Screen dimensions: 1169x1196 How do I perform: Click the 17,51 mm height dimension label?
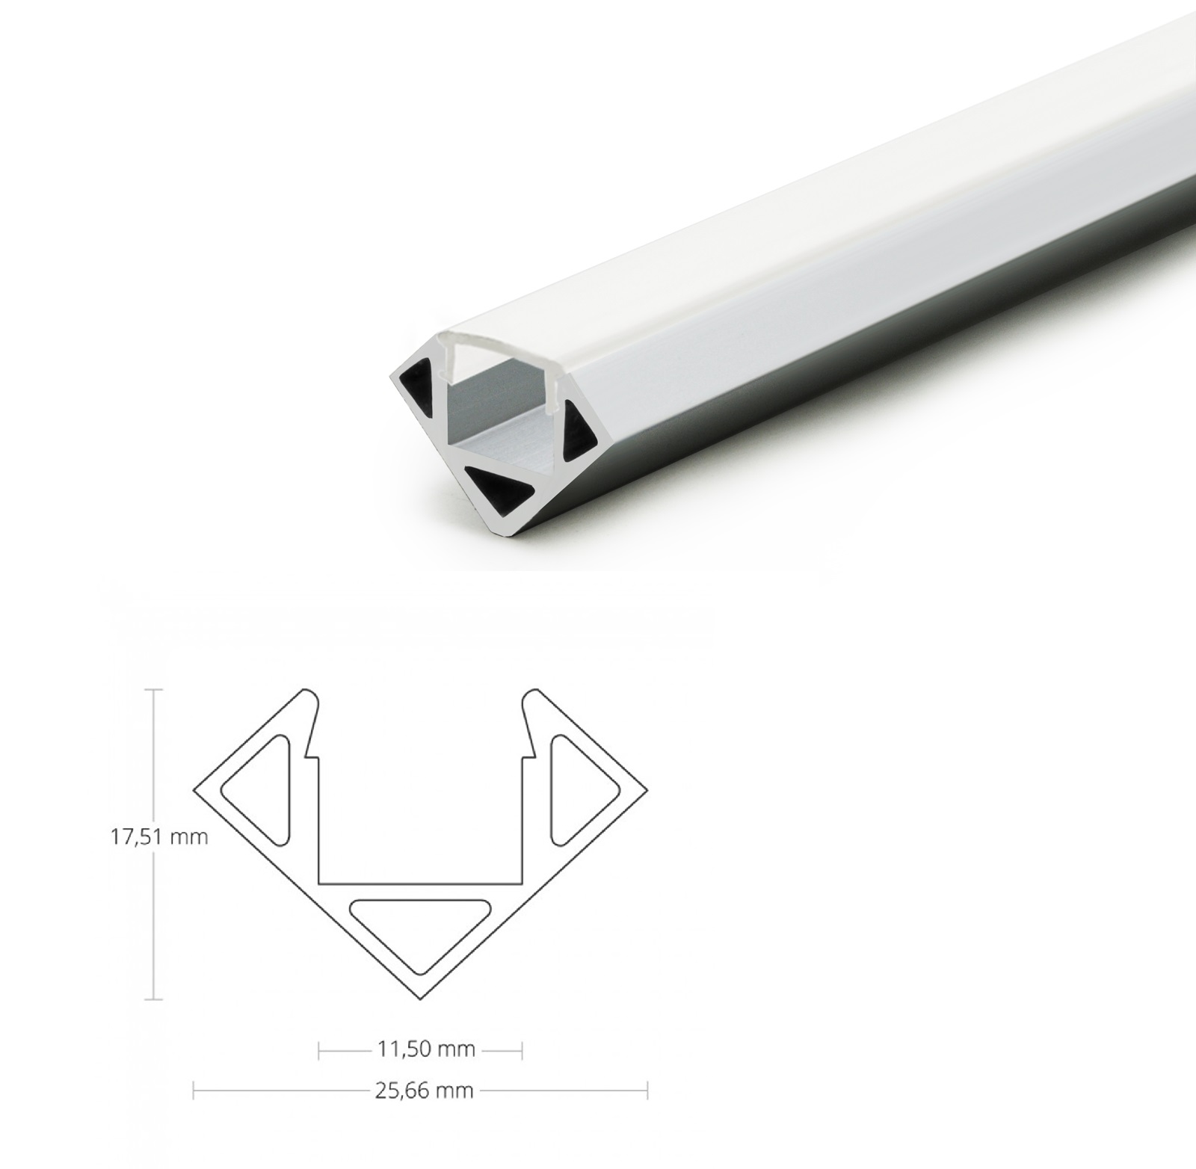158,837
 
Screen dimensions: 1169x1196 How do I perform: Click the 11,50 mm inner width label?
425,1049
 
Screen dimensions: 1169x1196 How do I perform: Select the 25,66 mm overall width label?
424,1091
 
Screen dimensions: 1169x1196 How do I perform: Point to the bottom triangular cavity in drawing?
421,928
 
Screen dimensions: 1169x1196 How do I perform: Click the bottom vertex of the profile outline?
421,999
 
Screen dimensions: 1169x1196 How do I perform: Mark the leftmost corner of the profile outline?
195,789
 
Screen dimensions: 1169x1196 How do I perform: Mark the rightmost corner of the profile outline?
647,789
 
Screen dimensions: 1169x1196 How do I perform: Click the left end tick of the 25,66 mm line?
194,1091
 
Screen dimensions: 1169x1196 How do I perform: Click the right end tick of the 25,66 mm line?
647,1091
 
